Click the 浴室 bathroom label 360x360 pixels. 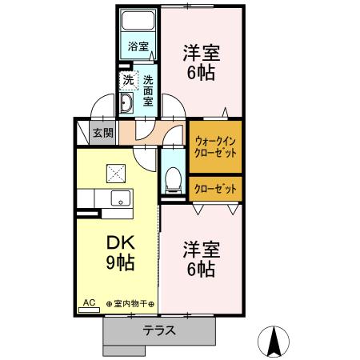pos(138,46)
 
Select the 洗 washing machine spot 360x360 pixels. pos(128,80)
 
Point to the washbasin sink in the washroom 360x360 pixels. pos(128,103)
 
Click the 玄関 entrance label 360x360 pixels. pos(102,133)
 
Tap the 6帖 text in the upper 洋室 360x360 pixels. pos(201,72)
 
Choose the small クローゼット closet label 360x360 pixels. pos(215,188)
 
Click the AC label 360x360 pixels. pos(89,303)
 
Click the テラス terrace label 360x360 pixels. pos(160,330)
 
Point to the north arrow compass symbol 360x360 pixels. pos(274,342)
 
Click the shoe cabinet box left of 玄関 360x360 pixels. pos(82,131)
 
